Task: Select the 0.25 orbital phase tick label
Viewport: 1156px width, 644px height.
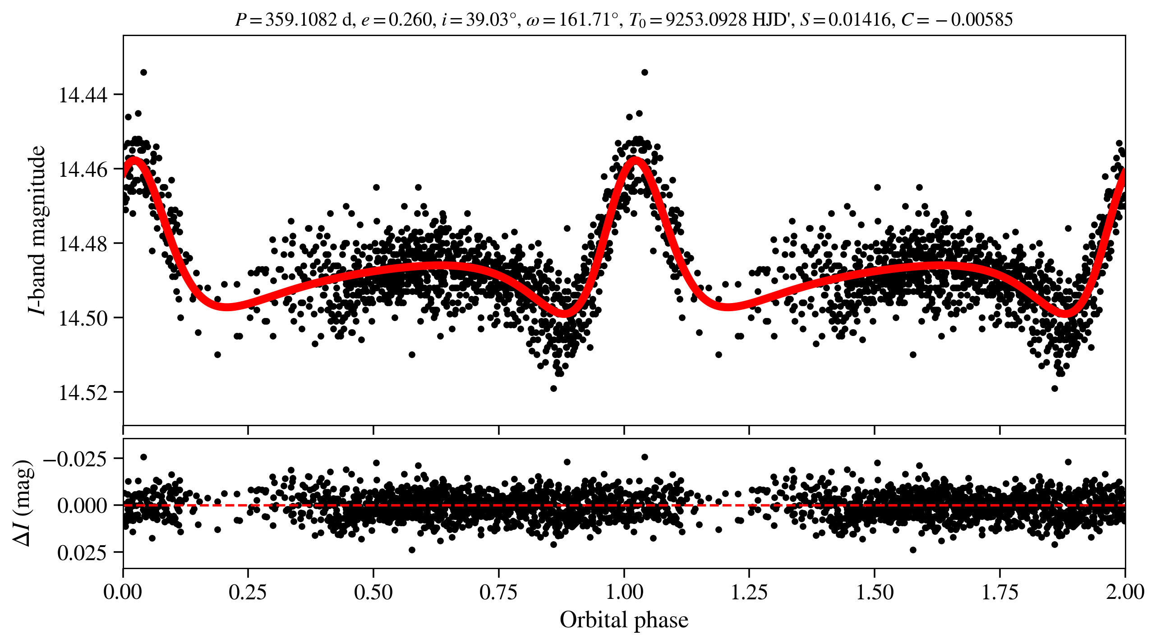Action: pos(248,592)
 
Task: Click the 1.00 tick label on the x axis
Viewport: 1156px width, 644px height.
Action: pos(624,592)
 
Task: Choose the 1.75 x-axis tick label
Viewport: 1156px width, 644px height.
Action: pos(999,592)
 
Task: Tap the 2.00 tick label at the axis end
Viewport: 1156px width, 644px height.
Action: pos(1124,592)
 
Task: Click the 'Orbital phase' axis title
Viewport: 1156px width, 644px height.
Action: pos(624,620)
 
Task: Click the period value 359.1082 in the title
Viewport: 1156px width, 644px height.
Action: pos(301,20)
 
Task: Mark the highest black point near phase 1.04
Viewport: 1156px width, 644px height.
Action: pos(645,72)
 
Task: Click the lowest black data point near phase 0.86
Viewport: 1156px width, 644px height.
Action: pos(553,388)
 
